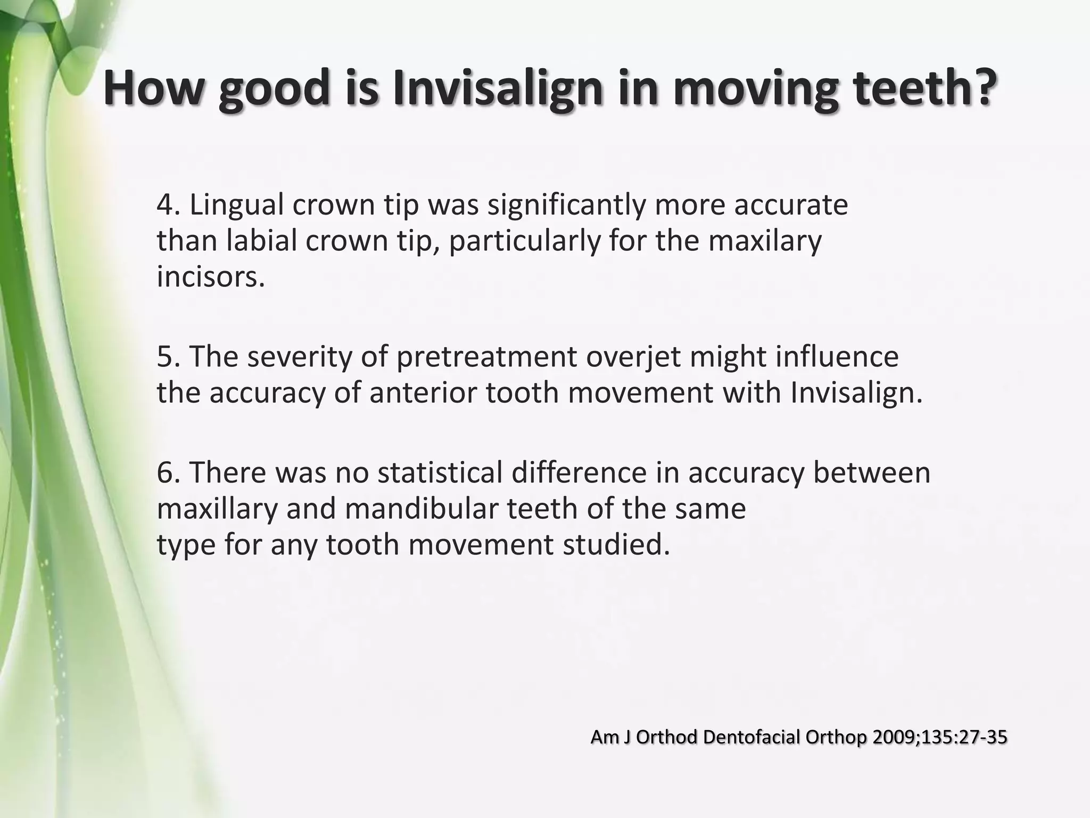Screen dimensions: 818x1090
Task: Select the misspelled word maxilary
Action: coord(765,241)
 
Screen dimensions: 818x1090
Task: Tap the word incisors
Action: coord(210,277)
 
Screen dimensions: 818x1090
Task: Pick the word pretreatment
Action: coord(486,357)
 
